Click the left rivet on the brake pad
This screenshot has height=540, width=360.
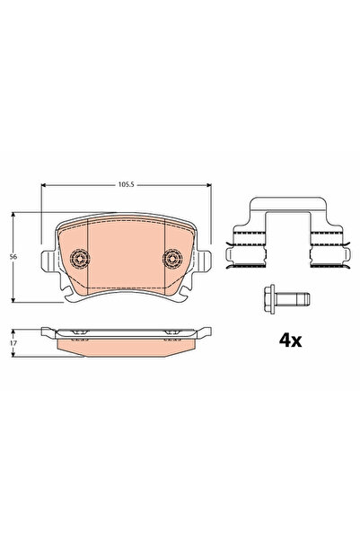coord(78,259)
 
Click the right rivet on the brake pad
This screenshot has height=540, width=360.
coord(171,259)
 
